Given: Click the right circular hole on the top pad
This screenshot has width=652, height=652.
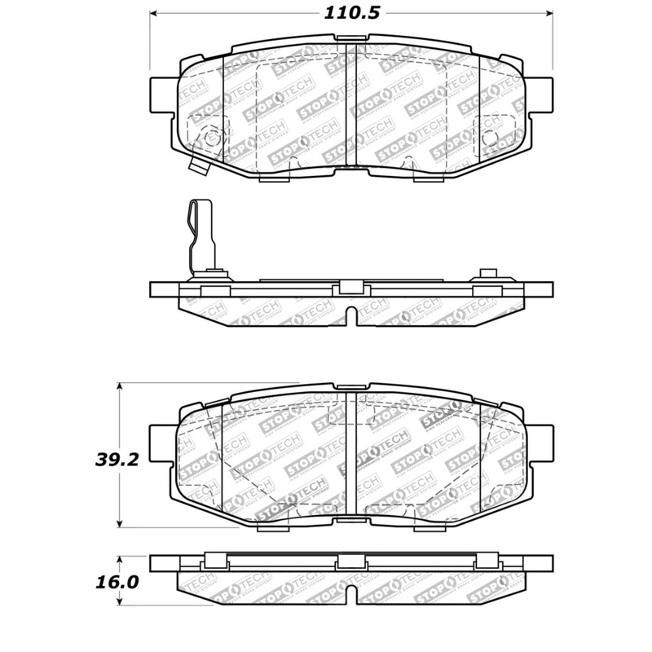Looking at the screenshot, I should (492, 138).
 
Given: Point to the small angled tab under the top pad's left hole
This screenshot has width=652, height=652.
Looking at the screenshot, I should (197, 166).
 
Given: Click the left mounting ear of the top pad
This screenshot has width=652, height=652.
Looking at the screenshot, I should (163, 90).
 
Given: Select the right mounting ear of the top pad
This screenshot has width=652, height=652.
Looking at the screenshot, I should (540, 90).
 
